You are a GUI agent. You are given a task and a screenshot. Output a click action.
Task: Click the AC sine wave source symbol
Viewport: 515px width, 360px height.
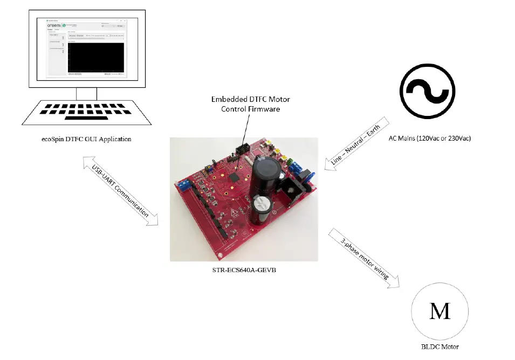coord(427,90)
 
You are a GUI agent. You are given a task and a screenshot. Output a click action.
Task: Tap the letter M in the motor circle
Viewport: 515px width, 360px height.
coord(440,311)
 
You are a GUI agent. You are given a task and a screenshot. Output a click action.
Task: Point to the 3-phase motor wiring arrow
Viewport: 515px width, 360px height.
coord(364,258)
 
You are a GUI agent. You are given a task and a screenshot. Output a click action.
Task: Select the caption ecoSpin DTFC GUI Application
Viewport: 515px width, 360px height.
coord(86,139)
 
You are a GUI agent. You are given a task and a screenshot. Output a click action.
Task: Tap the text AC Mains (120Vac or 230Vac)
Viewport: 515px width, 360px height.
coord(430,139)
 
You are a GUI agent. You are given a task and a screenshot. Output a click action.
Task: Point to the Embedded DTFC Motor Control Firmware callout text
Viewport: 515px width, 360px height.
coord(247,104)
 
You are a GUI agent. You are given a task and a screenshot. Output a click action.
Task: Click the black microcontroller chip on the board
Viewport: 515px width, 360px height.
coord(236,176)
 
